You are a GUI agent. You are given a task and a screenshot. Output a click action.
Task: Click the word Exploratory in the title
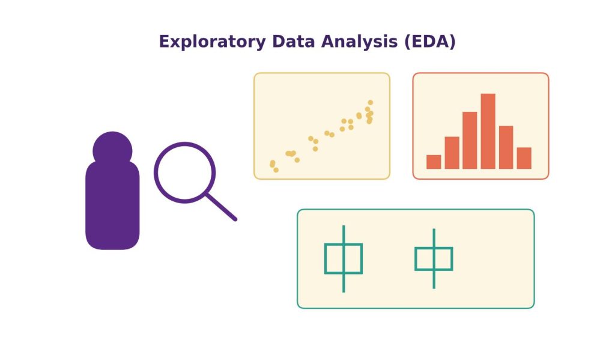click(212, 41)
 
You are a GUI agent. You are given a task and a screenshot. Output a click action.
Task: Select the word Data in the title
click(293, 41)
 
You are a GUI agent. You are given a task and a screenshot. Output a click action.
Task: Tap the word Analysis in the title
click(359, 41)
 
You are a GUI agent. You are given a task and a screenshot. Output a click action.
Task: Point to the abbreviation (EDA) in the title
click(430, 41)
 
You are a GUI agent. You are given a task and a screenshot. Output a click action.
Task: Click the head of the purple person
click(112, 150)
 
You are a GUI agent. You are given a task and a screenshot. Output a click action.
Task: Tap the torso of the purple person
click(112, 205)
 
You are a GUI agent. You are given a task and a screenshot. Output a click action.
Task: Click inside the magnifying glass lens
click(185, 172)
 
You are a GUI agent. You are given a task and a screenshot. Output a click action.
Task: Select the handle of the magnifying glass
click(222, 207)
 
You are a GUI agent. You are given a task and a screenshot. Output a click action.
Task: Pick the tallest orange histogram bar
click(488, 131)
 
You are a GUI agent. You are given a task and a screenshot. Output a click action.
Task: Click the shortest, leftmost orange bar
click(434, 162)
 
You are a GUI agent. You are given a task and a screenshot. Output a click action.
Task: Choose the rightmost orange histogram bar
click(524, 158)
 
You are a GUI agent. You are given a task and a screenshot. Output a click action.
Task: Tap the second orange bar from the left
click(452, 153)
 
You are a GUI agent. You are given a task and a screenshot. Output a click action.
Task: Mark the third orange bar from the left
click(470, 141)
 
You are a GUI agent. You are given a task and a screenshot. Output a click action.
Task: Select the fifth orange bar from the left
click(506, 148)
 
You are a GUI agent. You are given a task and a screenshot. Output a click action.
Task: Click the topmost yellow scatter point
click(370, 102)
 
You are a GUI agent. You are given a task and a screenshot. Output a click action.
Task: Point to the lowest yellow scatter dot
click(276, 170)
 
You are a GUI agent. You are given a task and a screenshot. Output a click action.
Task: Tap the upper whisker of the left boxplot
click(344, 234)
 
